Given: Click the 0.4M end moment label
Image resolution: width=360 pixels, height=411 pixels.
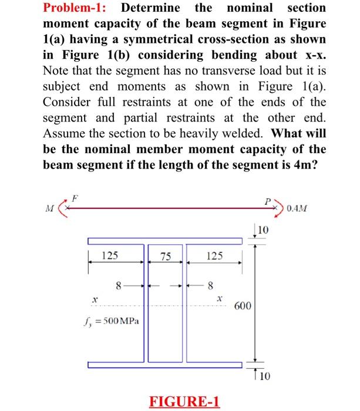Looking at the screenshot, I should tap(302, 208).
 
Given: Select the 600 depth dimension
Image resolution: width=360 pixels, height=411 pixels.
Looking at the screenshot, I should tap(243, 306).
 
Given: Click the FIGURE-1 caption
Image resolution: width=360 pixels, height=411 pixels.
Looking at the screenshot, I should tap(185, 402).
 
